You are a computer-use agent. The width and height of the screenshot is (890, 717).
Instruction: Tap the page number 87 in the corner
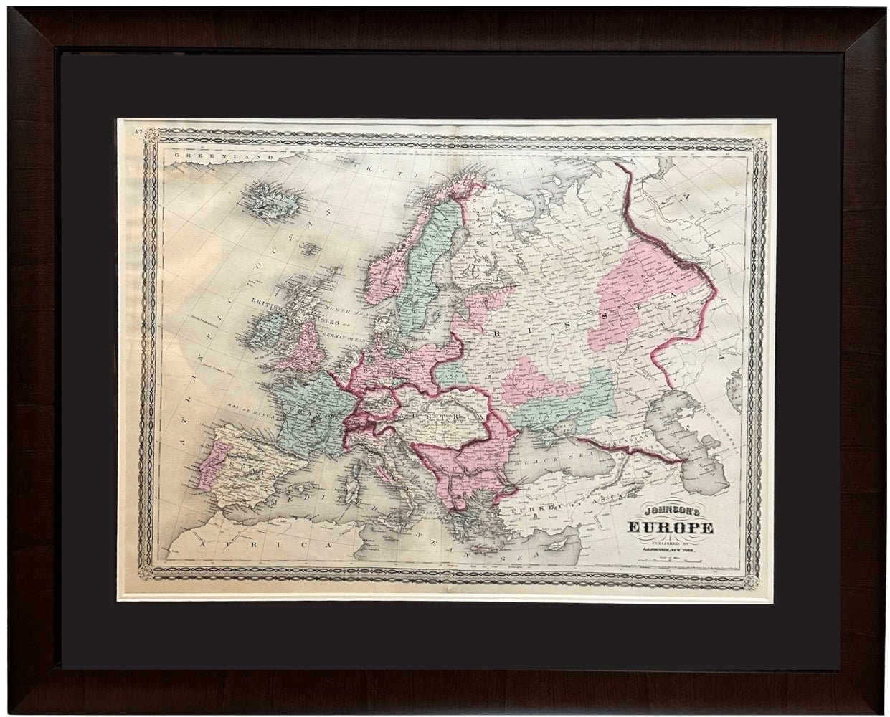(x=140, y=130)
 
